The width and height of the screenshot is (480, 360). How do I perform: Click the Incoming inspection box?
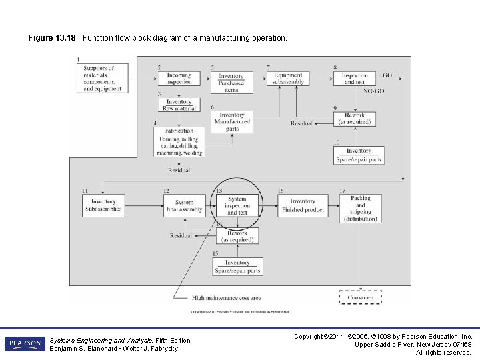click(x=179, y=78)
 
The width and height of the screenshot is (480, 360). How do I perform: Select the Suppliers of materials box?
click(x=102, y=78)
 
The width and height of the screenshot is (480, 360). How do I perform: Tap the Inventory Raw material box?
click(x=179, y=105)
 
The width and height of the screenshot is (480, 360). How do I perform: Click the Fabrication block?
click(x=179, y=141)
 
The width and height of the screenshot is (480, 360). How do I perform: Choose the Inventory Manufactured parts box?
click(x=231, y=122)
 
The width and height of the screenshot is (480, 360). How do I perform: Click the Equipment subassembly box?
click(x=288, y=78)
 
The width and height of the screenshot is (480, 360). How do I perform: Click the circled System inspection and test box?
click(x=237, y=205)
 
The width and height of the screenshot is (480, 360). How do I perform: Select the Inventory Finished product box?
click(x=303, y=205)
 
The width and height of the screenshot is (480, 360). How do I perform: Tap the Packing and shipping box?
click(x=361, y=208)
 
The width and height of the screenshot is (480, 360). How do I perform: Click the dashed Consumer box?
click(x=360, y=297)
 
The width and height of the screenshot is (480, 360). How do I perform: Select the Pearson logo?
click(x=24, y=344)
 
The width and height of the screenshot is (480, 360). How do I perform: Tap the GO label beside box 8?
click(x=387, y=75)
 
